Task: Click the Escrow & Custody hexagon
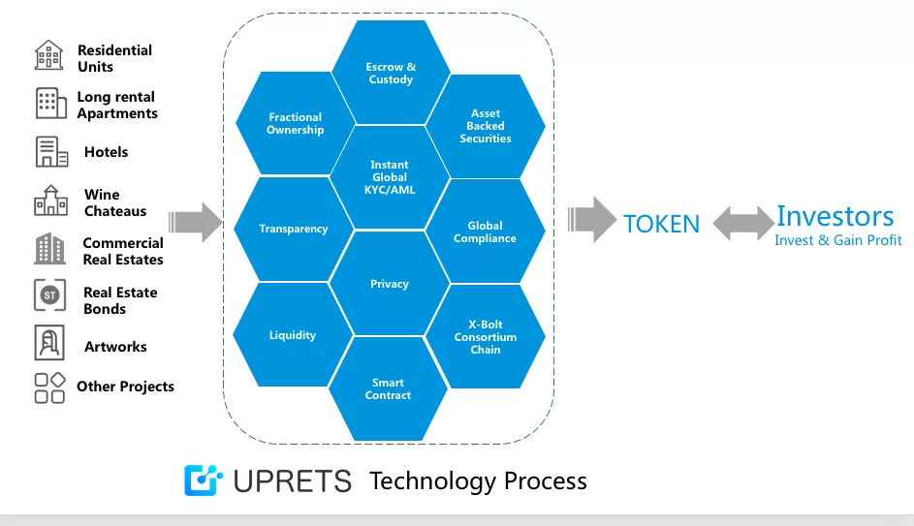(391, 73)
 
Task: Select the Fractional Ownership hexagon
(295, 124)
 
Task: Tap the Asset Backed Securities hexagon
(485, 127)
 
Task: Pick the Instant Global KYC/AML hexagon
(390, 177)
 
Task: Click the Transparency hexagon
(293, 230)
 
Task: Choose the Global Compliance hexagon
(485, 232)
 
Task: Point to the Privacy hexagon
(390, 284)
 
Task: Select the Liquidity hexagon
(292, 335)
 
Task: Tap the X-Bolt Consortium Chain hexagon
(485, 337)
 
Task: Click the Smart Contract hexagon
(388, 388)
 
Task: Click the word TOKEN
(661, 224)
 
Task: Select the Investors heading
(835, 216)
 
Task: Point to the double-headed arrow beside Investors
(742, 222)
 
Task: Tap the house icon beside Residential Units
(49, 55)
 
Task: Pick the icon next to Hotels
(51, 152)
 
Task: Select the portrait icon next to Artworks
(49, 344)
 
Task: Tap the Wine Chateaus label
(115, 203)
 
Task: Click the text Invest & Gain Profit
(837, 240)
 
